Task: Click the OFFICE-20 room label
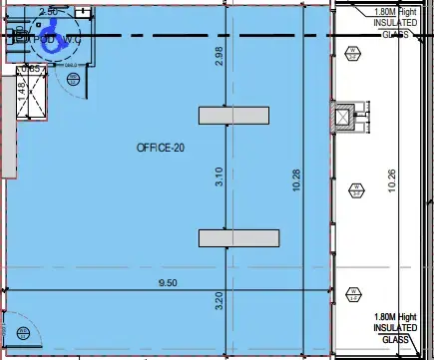click(x=162, y=148)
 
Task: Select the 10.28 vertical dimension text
click(x=295, y=179)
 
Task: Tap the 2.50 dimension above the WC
click(x=47, y=12)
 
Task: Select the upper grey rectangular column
click(x=233, y=116)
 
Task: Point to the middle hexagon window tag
click(x=356, y=188)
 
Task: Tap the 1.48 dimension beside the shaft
click(x=20, y=91)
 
